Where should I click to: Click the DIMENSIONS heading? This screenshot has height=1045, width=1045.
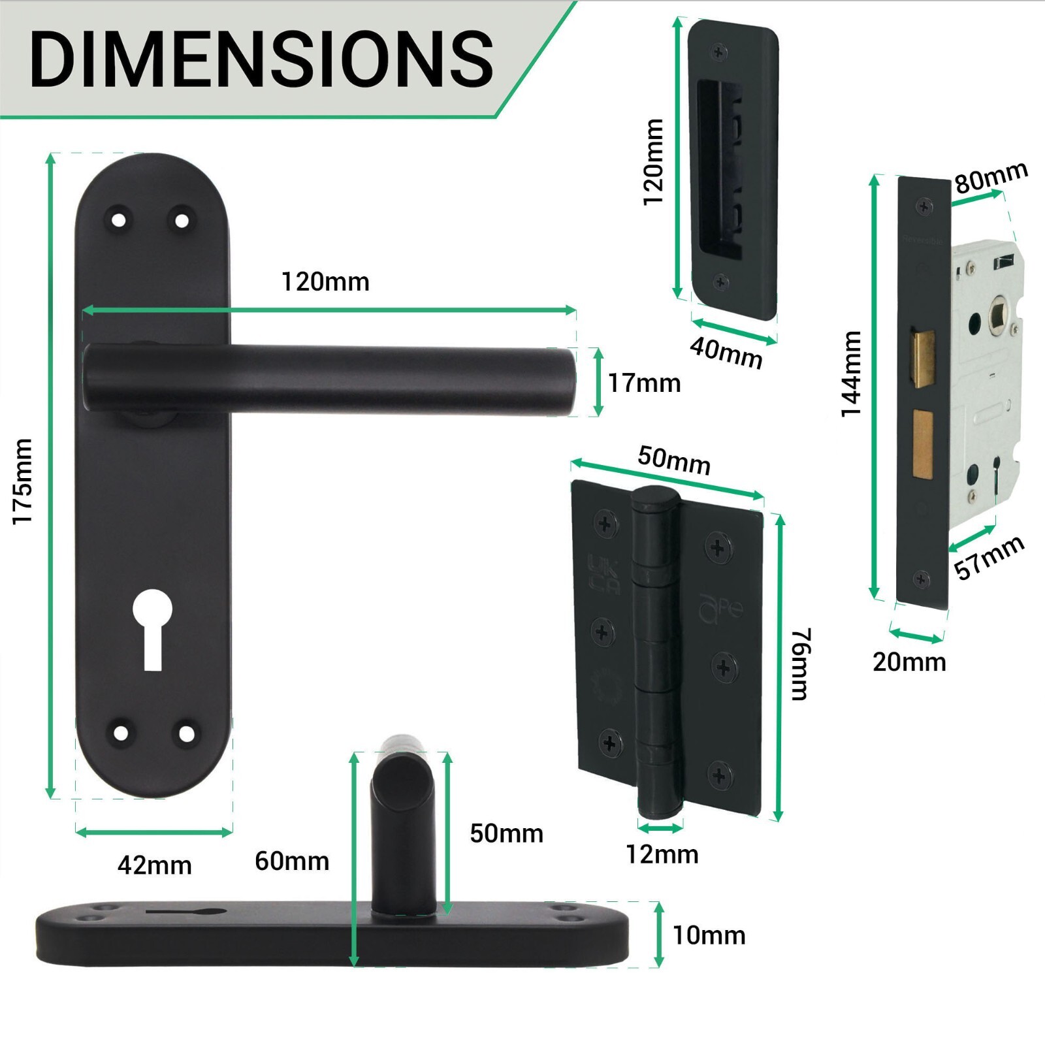click(x=261, y=59)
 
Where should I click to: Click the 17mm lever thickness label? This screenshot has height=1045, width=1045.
click(x=643, y=383)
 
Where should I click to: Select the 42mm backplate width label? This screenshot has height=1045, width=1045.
click(x=154, y=865)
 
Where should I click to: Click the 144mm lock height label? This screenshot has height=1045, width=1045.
click(x=851, y=374)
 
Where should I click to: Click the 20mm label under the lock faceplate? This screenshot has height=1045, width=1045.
click(x=909, y=662)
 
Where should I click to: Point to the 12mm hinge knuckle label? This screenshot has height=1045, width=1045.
click(x=662, y=854)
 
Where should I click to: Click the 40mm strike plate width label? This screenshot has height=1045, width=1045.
click(x=726, y=353)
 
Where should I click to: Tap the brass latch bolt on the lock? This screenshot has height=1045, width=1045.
click(x=922, y=359)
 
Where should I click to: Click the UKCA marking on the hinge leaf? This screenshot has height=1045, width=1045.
click(x=603, y=573)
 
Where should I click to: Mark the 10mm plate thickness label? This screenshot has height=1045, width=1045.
click(x=709, y=935)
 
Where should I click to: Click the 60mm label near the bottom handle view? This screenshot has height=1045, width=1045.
click(x=291, y=861)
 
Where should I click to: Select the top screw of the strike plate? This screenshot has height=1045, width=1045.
click(x=720, y=51)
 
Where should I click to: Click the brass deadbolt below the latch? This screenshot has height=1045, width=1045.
click(x=922, y=443)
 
